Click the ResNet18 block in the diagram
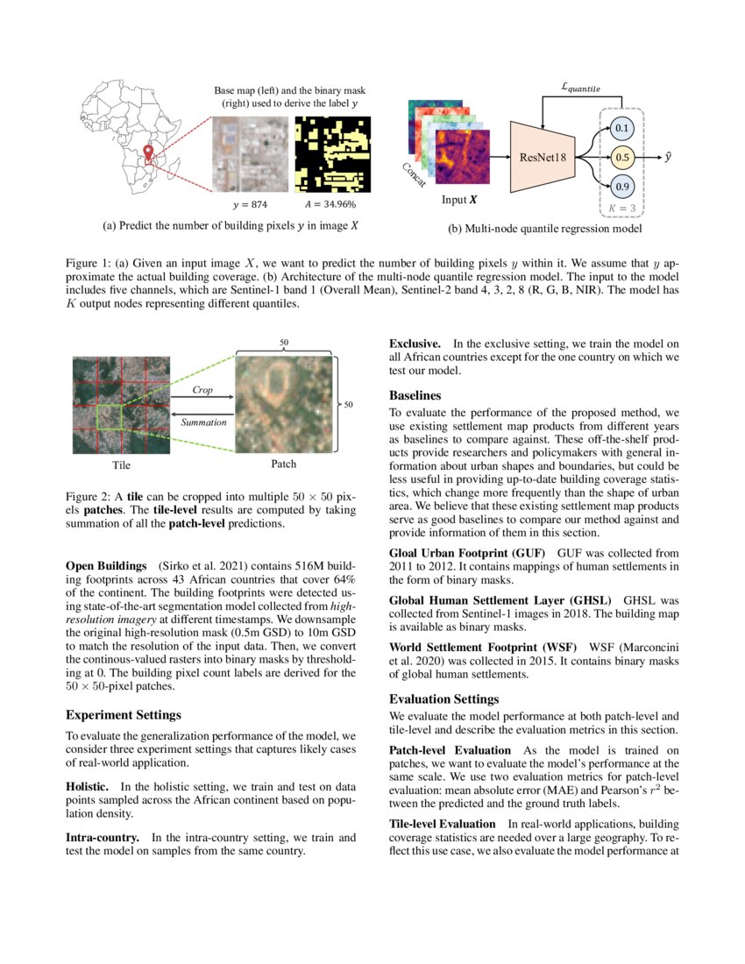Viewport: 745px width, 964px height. [543, 158]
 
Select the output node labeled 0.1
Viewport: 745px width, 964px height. [622, 129]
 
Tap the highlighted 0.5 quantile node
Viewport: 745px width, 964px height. [622, 158]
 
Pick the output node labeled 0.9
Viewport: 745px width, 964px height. [622, 187]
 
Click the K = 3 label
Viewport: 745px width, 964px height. [622, 209]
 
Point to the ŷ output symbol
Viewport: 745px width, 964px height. [669, 157]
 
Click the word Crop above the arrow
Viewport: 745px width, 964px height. [202, 389]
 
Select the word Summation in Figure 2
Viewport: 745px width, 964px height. [203, 422]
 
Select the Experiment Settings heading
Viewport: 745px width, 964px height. [124, 714]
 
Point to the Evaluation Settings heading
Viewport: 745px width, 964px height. [443, 698]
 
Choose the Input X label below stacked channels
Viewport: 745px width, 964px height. [459, 199]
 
